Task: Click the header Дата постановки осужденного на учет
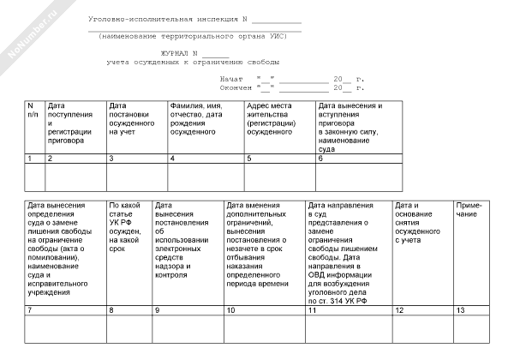point(133,119)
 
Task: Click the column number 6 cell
point(359,159)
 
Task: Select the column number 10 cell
point(264,309)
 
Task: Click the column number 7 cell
point(64,309)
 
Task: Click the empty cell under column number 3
point(136,177)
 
